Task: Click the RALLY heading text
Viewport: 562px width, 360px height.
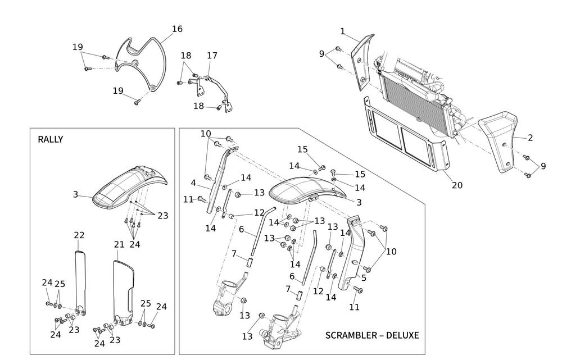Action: [51, 139]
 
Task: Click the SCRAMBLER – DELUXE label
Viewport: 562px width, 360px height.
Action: [372, 335]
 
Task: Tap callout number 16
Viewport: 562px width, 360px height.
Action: [177, 29]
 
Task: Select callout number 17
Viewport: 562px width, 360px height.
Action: [212, 56]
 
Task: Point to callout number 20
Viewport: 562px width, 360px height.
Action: [457, 185]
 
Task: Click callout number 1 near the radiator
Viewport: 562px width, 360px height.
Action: [343, 31]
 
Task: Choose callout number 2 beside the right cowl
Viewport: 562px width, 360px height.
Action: [530, 138]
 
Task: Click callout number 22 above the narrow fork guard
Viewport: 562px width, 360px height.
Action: [79, 235]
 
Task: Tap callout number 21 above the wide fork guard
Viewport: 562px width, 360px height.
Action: [119, 244]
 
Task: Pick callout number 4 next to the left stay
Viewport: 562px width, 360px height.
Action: [193, 183]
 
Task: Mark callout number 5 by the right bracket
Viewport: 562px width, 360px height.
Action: [364, 277]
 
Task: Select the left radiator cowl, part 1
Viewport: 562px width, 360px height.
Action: [362, 59]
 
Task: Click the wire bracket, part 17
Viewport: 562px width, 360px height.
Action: [216, 90]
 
